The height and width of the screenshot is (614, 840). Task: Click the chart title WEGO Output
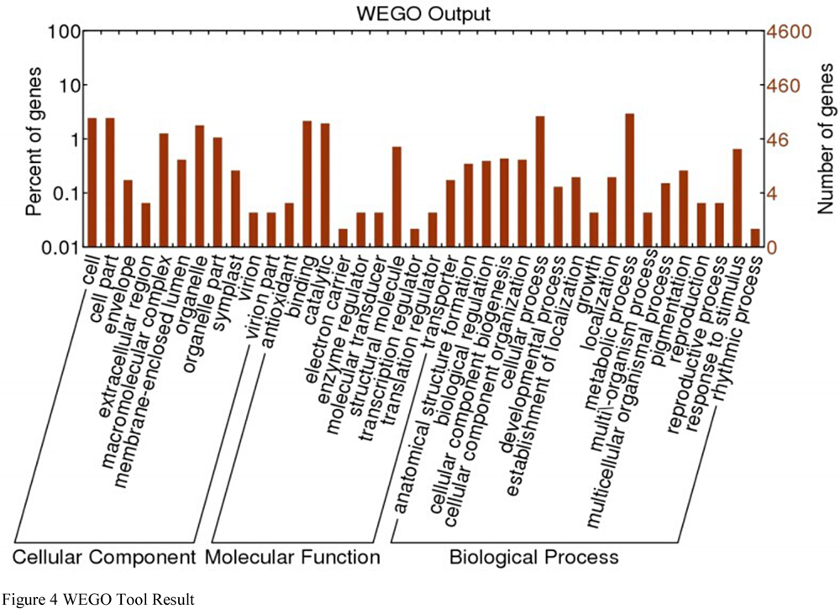(423, 13)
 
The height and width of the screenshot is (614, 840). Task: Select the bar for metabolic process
(630, 180)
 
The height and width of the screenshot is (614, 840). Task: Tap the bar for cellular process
(540, 181)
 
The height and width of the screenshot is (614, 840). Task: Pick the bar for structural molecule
(397, 197)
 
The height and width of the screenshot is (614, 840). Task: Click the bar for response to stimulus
(738, 197)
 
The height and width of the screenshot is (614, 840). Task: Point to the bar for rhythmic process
(755, 238)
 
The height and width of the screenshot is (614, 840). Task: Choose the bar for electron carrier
(343, 238)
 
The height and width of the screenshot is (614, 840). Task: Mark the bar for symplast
(236, 208)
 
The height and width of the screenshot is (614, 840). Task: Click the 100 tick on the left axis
(64, 32)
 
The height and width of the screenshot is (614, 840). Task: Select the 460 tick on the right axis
(784, 86)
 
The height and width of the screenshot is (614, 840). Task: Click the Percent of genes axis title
(34, 141)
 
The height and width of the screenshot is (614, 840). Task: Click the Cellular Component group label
(104, 557)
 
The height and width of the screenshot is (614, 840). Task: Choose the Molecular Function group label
(292, 557)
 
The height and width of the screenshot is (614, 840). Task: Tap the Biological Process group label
(533, 557)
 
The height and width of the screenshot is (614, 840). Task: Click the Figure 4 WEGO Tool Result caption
(98, 599)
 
